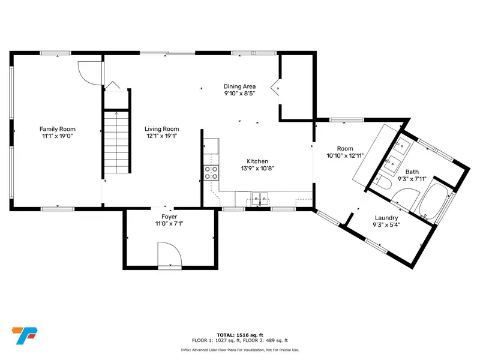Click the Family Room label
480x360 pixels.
[57, 129]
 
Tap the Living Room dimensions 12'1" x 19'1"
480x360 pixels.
[162, 136]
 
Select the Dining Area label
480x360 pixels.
[239, 86]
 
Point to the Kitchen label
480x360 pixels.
[257, 161]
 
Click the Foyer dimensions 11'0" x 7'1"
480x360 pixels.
[169, 224]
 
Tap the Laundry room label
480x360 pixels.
[386, 218]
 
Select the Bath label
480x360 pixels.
[412, 172]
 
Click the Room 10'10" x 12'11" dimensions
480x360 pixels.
[345, 155]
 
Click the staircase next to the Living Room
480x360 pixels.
[116, 143]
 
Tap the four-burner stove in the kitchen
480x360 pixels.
[211, 173]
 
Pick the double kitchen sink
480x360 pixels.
[260, 199]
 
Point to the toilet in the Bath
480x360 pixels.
[383, 182]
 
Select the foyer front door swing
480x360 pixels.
[170, 254]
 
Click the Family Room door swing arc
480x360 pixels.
[89, 73]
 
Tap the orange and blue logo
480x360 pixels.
[25, 335]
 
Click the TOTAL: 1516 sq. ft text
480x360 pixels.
[239, 335]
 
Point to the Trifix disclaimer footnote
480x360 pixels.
[239, 350]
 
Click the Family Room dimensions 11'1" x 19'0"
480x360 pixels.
[57, 136]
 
